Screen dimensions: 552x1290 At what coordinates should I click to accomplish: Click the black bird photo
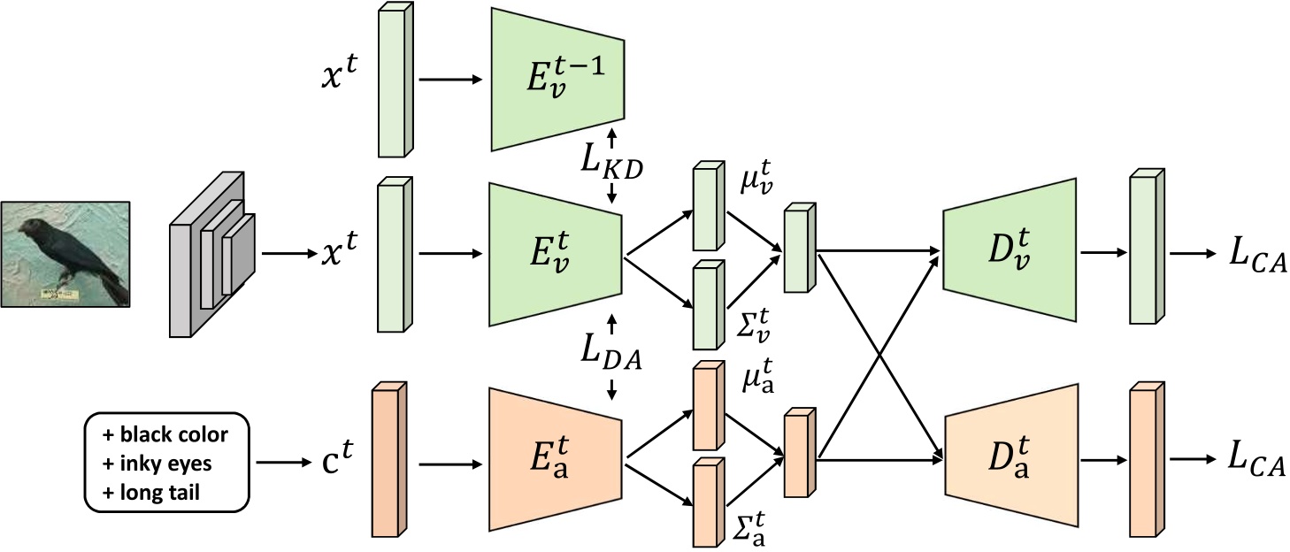(66, 253)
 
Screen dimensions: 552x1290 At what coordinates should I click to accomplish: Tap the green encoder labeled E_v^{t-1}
(557, 79)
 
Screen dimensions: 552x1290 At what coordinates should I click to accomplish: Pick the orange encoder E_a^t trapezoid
(557, 461)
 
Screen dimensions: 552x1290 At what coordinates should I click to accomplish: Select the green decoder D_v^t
(1009, 251)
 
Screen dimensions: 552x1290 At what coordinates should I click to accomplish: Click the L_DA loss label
(610, 354)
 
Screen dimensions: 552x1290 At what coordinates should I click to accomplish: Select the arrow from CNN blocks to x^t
(289, 254)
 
